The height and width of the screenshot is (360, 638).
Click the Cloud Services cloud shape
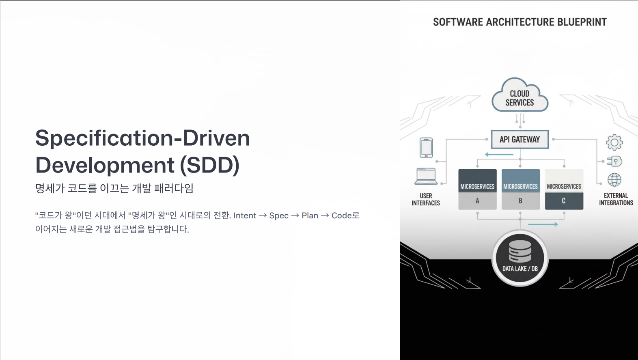[520, 95]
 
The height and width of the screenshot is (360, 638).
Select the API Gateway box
[520, 139]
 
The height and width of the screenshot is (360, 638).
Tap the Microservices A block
[477, 190]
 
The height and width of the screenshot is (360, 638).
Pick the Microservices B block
[521, 190]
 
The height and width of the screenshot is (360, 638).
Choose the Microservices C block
[564, 190]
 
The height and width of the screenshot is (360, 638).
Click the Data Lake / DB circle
[520, 258]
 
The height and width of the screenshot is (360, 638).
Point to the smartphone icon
[426, 148]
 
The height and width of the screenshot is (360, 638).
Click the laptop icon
[426, 176]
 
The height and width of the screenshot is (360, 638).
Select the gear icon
[614, 142]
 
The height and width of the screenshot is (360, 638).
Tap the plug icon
[614, 162]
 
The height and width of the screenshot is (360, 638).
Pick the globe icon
[614, 180]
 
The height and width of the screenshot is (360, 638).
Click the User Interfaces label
[426, 199]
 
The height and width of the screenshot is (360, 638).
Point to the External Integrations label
[616, 199]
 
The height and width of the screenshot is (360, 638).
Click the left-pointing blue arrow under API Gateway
[499, 155]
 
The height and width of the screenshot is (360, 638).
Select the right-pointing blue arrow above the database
[543, 224]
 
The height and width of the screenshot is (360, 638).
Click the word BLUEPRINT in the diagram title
[582, 22]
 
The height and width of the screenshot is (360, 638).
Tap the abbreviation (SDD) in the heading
[210, 165]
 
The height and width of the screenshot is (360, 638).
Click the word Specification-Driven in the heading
[142, 138]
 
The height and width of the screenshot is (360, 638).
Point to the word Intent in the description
[245, 216]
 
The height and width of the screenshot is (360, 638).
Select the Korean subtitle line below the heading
[114, 188]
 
